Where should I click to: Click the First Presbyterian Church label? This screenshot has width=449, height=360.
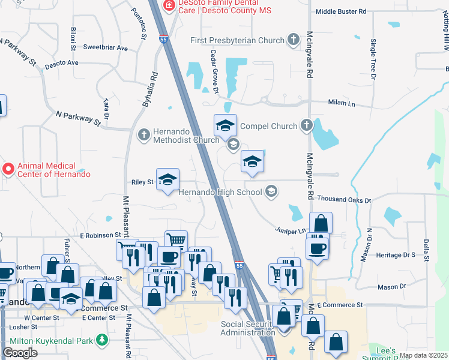click(x=237, y=41)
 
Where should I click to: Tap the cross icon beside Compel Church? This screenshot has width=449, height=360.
click(x=307, y=126)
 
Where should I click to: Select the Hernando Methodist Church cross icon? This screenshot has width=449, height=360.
click(x=143, y=135)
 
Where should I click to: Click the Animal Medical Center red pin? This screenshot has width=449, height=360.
click(x=8, y=169)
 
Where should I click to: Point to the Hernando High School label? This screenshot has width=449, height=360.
click(x=220, y=192)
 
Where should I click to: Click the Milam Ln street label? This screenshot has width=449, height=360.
click(x=342, y=104)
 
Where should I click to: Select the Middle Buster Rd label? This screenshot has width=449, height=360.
click(x=340, y=11)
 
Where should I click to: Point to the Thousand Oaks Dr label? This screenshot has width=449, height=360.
click(x=345, y=199)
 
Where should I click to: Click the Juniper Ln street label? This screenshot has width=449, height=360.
click(x=291, y=230)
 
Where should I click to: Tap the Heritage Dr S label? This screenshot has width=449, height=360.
click(x=396, y=255)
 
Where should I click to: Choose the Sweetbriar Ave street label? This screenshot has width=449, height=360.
click(x=106, y=47)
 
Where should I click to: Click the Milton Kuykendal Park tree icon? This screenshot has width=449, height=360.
click(x=103, y=340)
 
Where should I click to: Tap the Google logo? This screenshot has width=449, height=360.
click(x=20, y=352)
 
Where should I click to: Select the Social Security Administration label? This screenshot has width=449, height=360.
click(x=248, y=328)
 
